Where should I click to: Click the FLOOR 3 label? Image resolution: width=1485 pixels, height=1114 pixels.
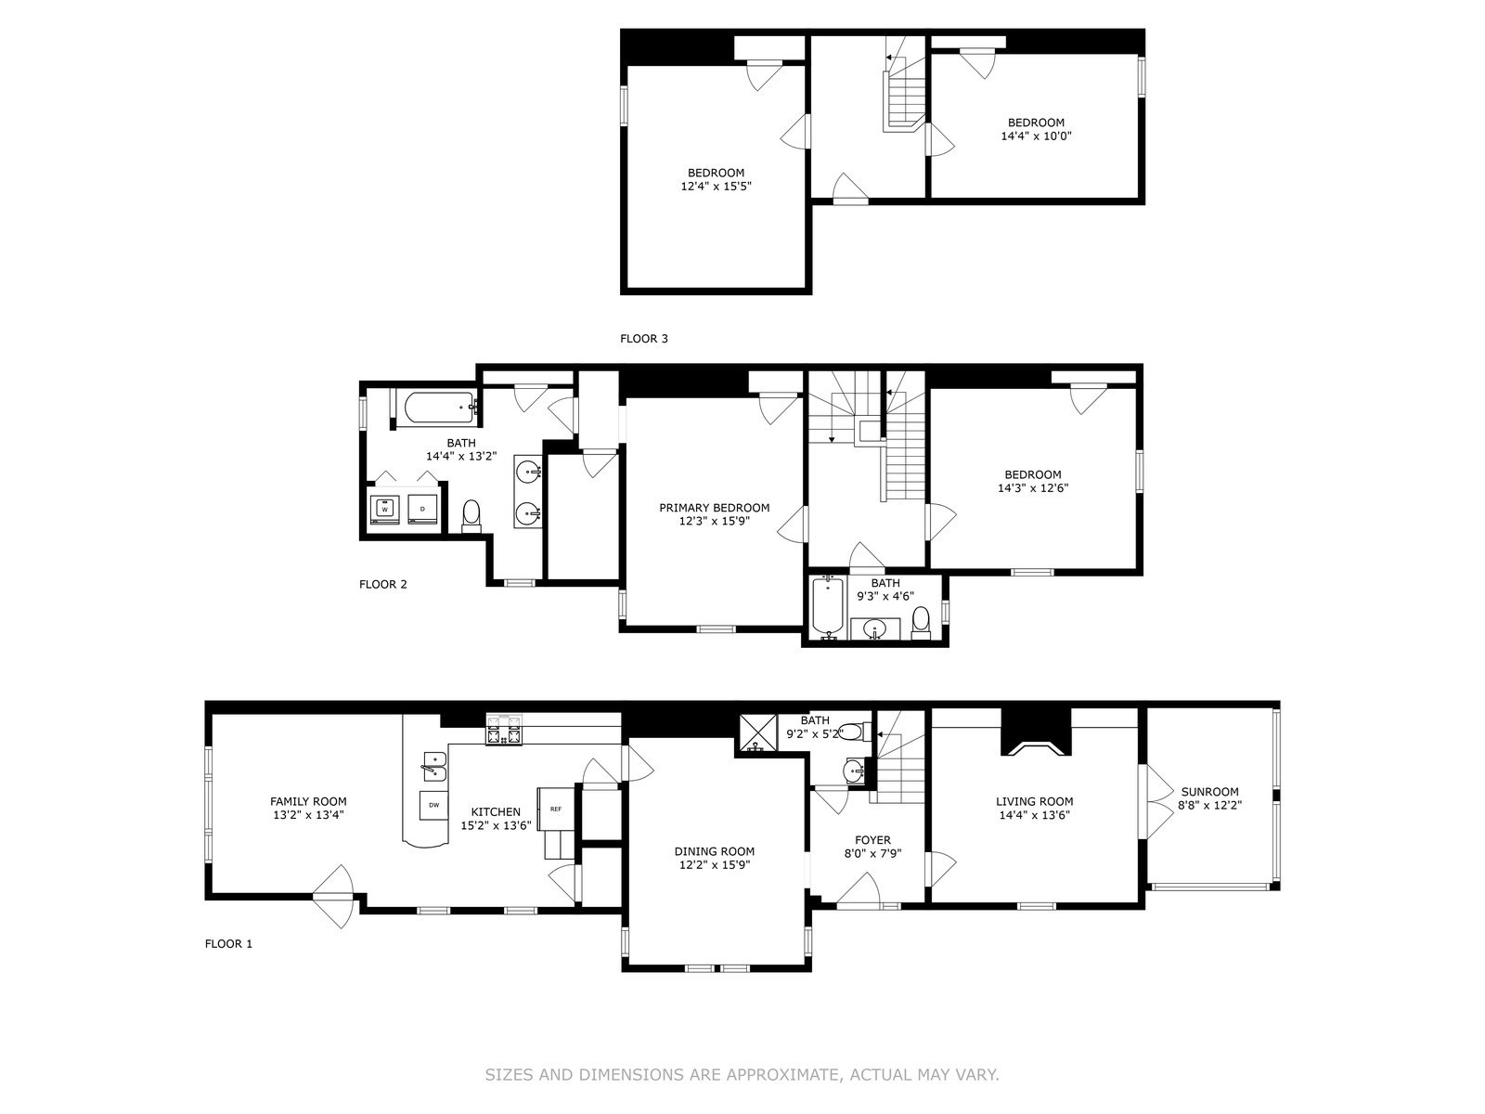[x=643, y=339]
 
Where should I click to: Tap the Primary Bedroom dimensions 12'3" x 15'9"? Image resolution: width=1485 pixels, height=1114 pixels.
[x=714, y=522]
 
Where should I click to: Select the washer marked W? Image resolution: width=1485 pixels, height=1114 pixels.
[x=384, y=509]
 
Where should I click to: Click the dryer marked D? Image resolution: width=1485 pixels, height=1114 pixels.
[x=422, y=509]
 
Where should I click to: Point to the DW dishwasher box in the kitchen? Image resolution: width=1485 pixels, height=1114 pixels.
[x=433, y=805]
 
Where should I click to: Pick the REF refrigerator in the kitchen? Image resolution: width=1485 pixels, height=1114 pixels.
[x=556, y=809]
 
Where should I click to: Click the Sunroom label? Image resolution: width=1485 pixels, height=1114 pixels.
[x=1209, y=792]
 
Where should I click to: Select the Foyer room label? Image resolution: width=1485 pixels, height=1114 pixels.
[x=872, y=840]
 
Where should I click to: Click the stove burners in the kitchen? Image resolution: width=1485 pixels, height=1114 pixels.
[x=504, y=730]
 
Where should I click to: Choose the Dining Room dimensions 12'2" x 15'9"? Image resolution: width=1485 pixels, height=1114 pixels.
[x=714, y=864]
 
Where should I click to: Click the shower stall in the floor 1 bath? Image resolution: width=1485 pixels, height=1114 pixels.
[x=757, y=732]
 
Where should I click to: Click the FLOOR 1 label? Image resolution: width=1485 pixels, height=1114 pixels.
[x=228, y=944]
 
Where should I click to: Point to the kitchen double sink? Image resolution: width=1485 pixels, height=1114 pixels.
[x=433, y=766]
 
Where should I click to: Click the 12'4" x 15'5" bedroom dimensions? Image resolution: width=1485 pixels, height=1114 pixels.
[x=715, y=186]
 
